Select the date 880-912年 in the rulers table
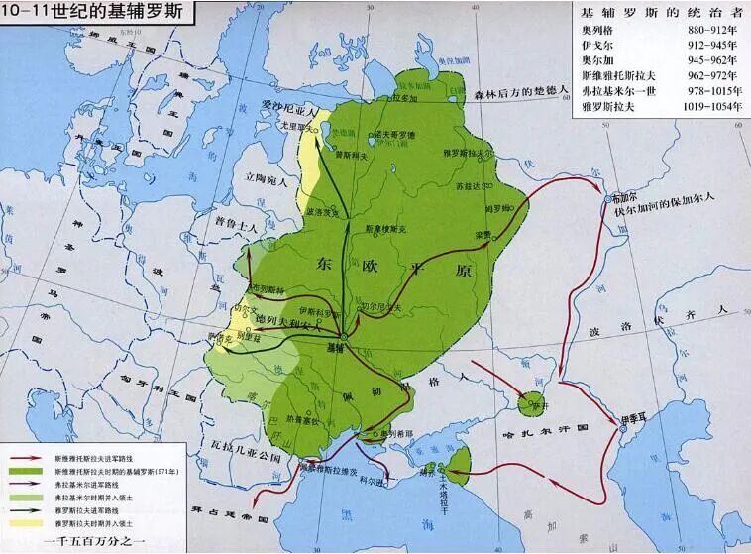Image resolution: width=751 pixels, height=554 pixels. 708,31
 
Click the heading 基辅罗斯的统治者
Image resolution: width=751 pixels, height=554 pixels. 659,12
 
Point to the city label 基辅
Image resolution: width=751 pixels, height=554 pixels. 338,349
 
